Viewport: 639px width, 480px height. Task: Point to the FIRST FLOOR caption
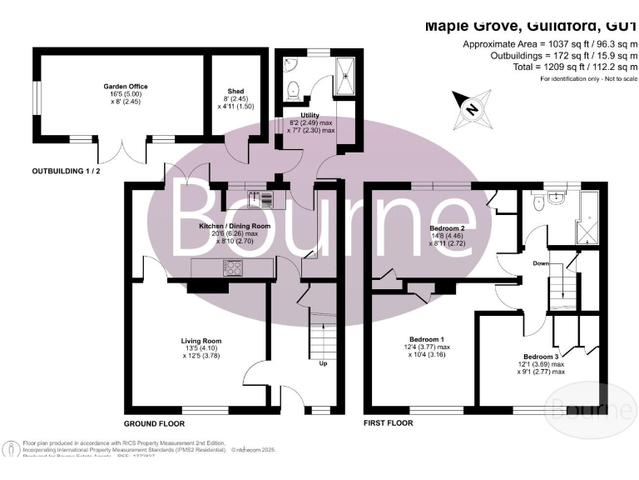click(x=389, y=423)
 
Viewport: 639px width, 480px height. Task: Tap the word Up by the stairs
click(x=322, y=363)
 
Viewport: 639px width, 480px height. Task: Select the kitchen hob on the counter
click(x=232, y=268)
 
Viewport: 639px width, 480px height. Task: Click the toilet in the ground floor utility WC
click(x=292, y=88)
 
